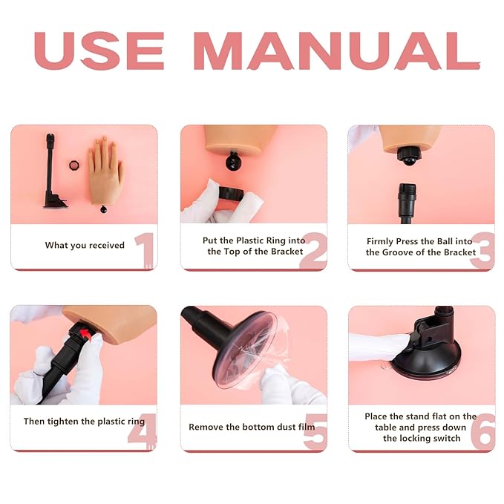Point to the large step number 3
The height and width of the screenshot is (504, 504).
tap(482, 250)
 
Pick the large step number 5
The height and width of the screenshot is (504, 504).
tap(314, 431)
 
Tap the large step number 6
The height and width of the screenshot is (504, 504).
tap(482, 431)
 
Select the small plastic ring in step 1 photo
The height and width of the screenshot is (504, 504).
tap(74, 163)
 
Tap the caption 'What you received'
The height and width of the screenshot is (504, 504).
tap(85, 245)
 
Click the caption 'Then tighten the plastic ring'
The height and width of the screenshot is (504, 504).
tap(84, 422)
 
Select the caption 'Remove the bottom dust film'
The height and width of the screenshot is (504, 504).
tap(251, 427)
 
